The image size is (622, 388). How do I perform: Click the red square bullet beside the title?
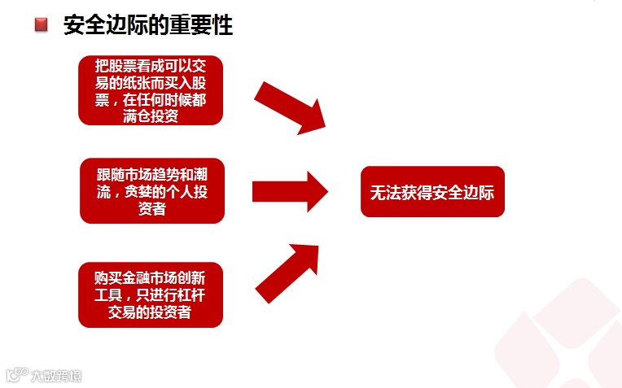click(x=42, y=25)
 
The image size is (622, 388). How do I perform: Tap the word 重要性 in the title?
click(x=207, y=25)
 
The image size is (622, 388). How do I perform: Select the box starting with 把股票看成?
click(x=151, y=89)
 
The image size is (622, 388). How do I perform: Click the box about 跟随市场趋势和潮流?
click(x=151, y=190)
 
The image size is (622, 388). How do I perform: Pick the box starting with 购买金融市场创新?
click(x=151, y=294)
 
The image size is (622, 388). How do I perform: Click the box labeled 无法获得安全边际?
click(x=432, y=192)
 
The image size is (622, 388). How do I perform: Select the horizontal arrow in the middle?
click(x=289, y=191)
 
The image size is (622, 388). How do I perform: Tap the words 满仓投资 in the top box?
click(x=151, y=116)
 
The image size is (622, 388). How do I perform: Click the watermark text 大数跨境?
click(x=56, y=376)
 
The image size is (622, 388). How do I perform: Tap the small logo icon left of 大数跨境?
click(x=18, y=375)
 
